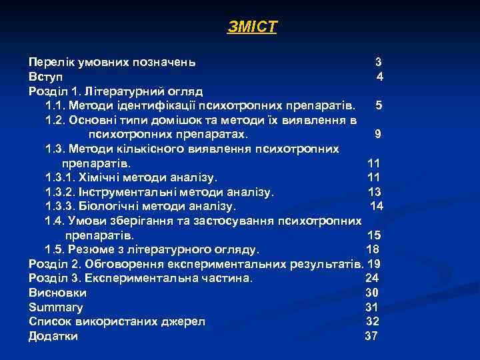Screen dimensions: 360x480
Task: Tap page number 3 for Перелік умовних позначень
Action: click(378, 62)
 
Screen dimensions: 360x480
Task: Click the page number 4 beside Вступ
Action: click(379, 77)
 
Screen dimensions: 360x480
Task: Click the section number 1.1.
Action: click(55, 105)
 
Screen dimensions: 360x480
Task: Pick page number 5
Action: click(378, 105)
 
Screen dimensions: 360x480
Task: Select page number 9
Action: click(378, 134)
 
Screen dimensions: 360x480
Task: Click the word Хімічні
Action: click(101, 177)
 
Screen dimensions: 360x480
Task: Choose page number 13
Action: click(374, 192)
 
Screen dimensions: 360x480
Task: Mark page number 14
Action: click(376, 206)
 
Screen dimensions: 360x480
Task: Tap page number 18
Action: click(373, 250)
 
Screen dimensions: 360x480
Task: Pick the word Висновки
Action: click(58, 293)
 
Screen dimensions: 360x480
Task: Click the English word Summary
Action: click(56, 307)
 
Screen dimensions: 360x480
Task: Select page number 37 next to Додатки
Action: click(371, 336)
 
